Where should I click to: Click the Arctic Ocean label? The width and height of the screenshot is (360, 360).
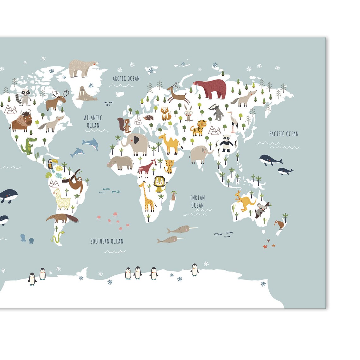(x=126, y=79)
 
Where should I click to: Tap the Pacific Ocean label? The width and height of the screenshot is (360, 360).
(x=284, y=134)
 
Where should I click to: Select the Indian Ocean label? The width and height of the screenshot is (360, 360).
(x=197, y=202)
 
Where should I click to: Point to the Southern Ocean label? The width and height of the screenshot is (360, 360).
(x=107, y=241)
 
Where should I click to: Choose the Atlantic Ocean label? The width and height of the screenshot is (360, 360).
(x=93, y=122)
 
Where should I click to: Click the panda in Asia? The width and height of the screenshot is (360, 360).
(x=226, y=143)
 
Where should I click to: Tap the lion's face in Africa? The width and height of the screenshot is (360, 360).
(x=159, y=182)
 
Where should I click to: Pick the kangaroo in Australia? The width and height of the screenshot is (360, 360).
(x=244, y=201)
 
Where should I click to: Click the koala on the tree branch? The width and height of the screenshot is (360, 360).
(x=261, y=210)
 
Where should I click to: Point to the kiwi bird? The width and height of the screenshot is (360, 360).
(x=279, y=224)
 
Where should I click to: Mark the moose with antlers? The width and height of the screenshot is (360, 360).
(x=57, y=99)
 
